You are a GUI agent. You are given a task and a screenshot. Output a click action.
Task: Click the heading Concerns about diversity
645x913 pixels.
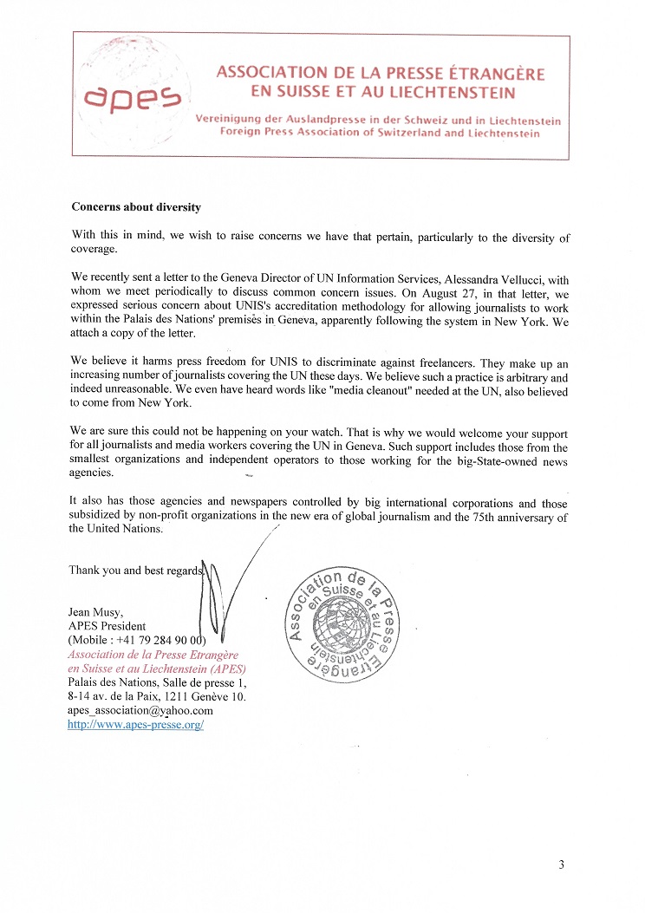135,207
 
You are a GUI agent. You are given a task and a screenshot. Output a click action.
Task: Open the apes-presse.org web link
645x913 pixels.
135,724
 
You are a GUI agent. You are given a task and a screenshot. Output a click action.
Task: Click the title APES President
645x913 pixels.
107,626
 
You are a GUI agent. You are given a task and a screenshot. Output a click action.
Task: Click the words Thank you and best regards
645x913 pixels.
135,570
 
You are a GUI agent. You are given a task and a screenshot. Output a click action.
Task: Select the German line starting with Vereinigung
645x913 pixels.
388,120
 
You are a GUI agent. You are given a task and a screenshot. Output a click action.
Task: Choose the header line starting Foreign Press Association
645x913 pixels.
379,133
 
